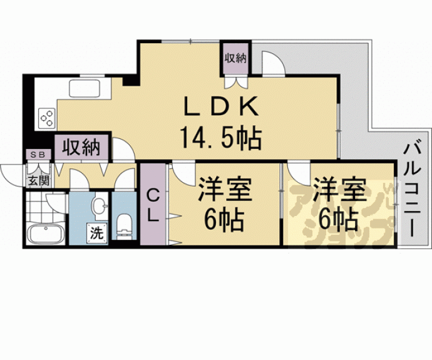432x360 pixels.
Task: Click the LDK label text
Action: (x=220, y=108)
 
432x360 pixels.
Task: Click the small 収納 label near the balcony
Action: (x=235, y=58)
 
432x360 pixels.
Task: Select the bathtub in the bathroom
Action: (x=44, y=236)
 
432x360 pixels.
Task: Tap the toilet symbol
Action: (x=125, y=225)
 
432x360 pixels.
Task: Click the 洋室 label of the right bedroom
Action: (x=339, y=189)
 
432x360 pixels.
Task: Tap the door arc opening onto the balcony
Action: (x=273, y=63)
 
